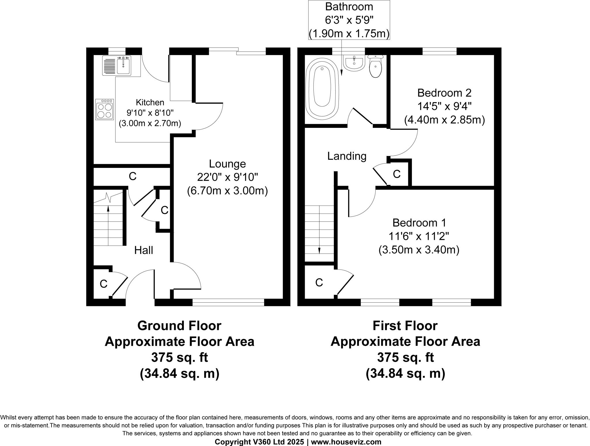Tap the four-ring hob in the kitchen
(x=105, y=110)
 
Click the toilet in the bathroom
(x=375, y=67)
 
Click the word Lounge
(x=227, y=164)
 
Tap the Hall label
(x=143, y=250)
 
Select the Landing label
(x=347, y=156)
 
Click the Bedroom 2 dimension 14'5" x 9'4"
(x=444, y=107)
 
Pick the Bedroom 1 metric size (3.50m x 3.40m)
(x=419, y=250)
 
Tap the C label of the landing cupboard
(x=397, y=174)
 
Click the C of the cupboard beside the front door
(x=103, y=284)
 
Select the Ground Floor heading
(x=179, y=326)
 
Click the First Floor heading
(x=405, y=326)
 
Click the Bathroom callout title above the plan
(x=349, y=7)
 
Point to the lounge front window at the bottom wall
(x=228, y=302)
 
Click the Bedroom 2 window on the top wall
(x=439, y=51)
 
